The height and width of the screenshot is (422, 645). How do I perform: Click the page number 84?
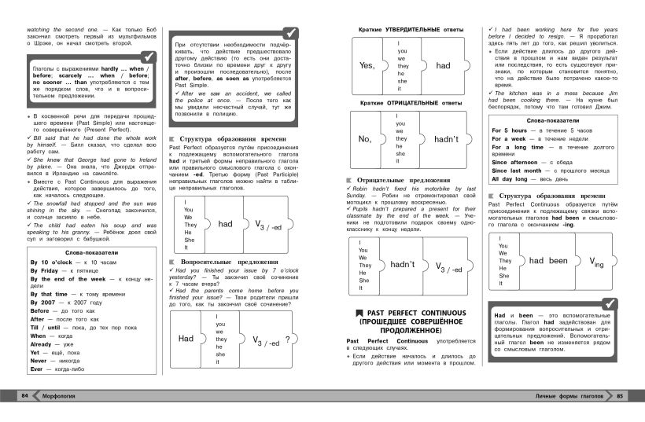click(24, 394)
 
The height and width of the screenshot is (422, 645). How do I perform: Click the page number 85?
click(621, 394)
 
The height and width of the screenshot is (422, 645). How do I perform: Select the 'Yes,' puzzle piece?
click(367, 66)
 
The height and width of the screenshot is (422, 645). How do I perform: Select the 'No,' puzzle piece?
click(364, 139)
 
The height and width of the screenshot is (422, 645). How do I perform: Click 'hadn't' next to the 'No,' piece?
click(445, 139)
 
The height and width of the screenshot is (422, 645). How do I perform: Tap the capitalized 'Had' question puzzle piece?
click(186, 339)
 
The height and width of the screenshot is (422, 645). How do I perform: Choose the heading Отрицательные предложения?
click(404, 180)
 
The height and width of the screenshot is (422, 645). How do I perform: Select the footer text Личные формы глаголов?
click(567, 394)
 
